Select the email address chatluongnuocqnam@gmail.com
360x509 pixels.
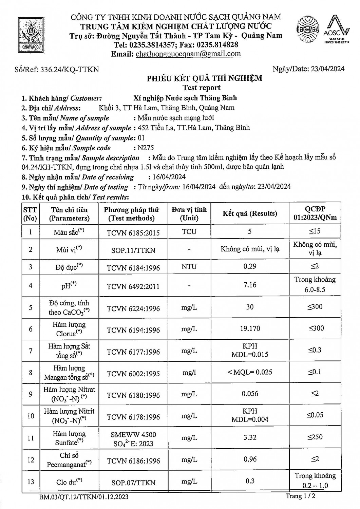(x=188, y=54)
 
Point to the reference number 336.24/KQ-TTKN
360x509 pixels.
(x=70, y=70)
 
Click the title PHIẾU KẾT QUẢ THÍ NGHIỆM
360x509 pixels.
(x=204, y=78)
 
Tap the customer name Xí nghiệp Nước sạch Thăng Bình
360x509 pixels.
(x=185, y=98)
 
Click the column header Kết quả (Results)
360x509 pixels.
(x=250, y=213)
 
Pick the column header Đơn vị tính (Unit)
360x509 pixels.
(x=189, y=213)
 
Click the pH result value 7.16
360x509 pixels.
(x=250, y=285)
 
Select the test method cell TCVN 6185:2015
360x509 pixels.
(x=133, y=232)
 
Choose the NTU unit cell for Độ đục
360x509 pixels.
(x=189, y=267)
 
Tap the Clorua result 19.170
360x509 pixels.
(x=250, y=328)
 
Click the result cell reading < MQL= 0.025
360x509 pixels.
(x=250, y=372)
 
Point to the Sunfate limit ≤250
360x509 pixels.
(x=315, y=437)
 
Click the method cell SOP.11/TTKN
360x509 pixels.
(x=133, y=250)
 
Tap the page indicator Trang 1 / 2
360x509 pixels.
(x=300, y=496)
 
